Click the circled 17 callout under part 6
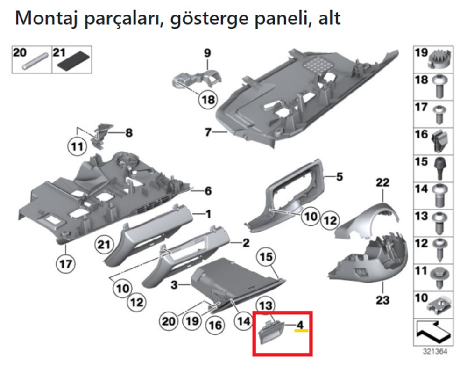tap(66, 264)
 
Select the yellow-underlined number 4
tap(301, 324)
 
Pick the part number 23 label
tap(382, 299)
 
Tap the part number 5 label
tap(340, 177)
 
